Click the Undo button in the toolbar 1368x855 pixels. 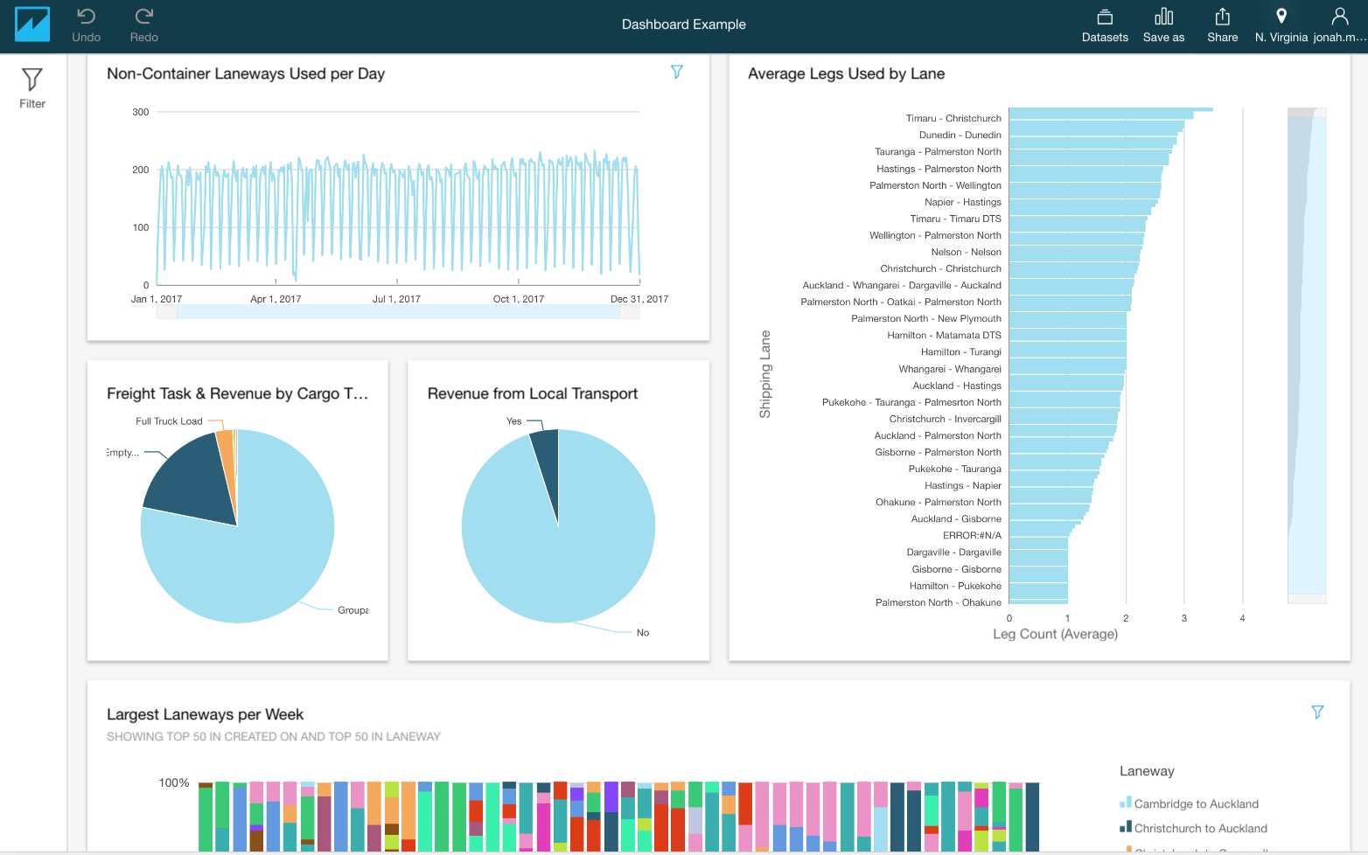point(86,24)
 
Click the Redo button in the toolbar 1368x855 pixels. point(144,24)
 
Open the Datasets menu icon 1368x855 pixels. point(1105,24)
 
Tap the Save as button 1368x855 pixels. point(1163,24)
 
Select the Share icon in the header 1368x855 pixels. point(1222,24)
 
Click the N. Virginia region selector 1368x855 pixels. point(1281,24)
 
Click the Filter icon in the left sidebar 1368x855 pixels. point(32,88)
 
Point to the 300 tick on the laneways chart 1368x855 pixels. point(141,112)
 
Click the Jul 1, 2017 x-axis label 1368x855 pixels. point(396,299)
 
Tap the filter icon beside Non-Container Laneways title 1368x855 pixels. point(676,72)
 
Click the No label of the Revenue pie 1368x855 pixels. point(643,633)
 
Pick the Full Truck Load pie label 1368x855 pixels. point(169,421)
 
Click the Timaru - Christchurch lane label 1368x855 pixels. point(953,118)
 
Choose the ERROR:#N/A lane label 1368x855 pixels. point(972,536)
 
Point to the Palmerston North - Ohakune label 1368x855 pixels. point(938,602)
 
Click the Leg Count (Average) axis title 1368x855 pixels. point(1055,634)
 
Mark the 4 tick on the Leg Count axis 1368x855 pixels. point(1242,618)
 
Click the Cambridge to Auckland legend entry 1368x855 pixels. point(1196,804)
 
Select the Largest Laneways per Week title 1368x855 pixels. point(205,714)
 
